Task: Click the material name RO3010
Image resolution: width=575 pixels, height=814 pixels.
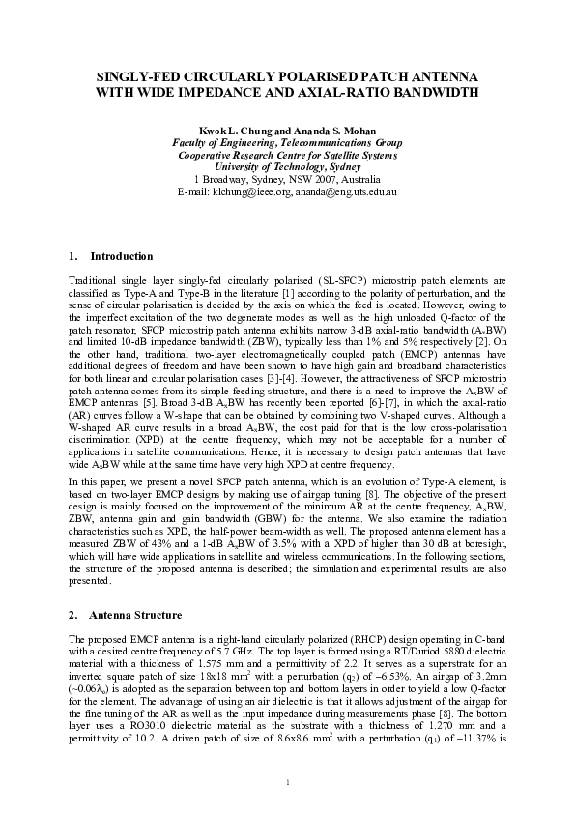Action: pos(135,744)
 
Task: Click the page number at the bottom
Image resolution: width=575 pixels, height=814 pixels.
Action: pos(287,781)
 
